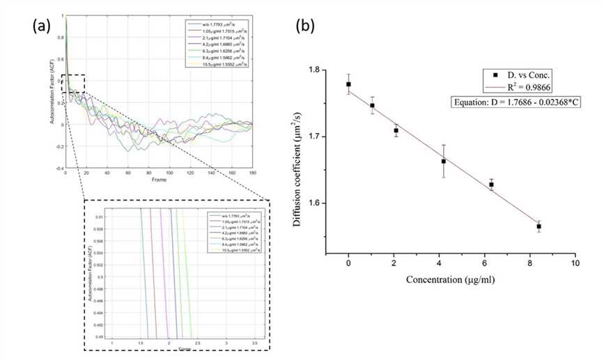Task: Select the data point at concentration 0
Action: coord(348,84)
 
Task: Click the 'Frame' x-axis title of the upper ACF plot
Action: coord(157,179)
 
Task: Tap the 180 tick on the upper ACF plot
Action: coord(251,172)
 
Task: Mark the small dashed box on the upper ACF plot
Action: coord(73,83)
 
